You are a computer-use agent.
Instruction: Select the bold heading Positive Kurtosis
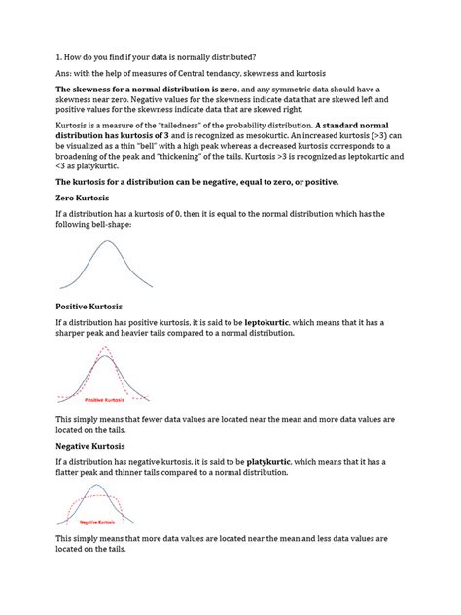click(93, 307)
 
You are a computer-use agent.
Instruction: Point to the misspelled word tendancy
click(232, 73)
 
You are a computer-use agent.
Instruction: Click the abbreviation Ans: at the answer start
click(66, 73)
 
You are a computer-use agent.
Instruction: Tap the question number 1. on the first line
click(60, 56)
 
